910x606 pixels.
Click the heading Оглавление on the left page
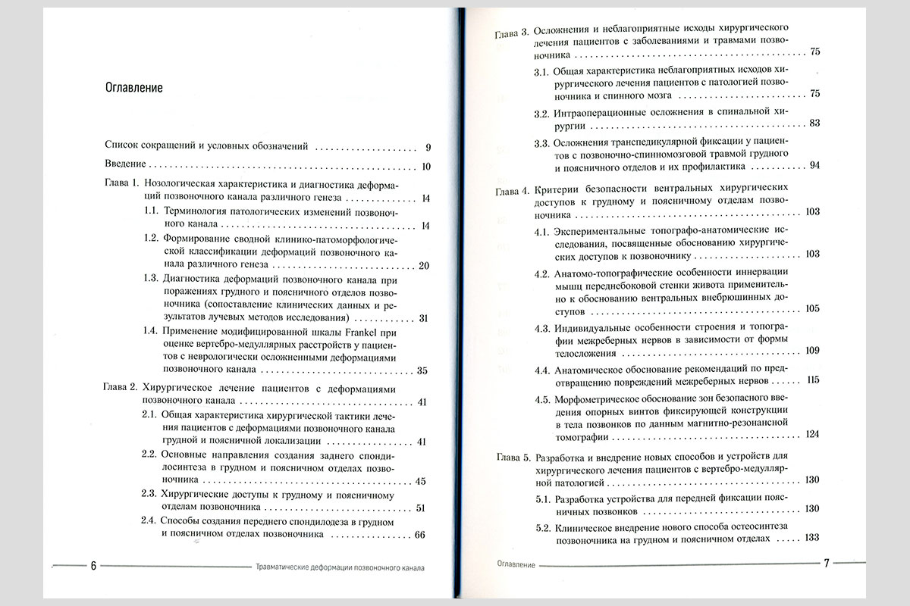coord(134,87)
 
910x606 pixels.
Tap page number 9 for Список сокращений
coord(428,147)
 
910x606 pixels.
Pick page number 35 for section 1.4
coord(423,370)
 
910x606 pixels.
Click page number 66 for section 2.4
coord(422,535)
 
